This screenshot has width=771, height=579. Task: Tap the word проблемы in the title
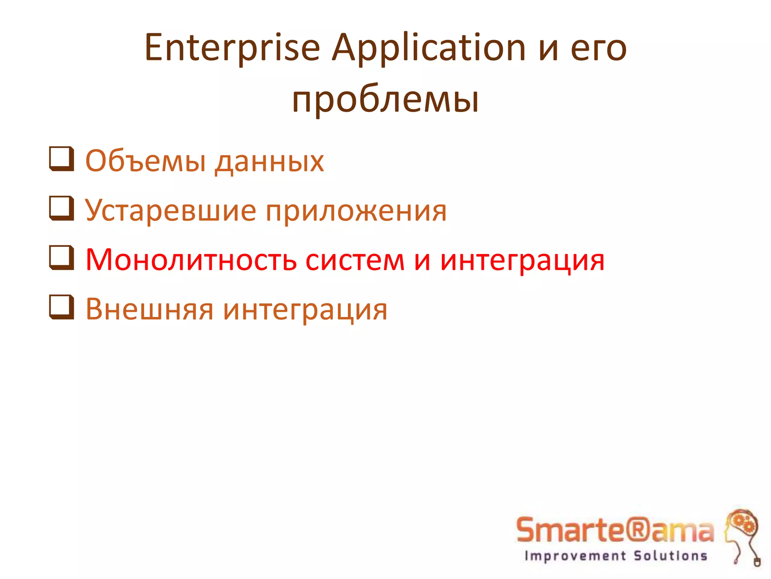(385, 100)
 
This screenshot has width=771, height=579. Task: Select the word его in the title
(599, 48)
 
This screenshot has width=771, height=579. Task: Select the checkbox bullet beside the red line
(61, 258)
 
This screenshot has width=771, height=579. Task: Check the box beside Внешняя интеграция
(61, 308)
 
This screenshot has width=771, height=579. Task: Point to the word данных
(270, 162)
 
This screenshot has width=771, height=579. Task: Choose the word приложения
(356, 211)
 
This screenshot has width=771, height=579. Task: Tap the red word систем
(355, 260)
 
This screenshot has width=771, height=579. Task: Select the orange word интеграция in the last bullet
(305, 310)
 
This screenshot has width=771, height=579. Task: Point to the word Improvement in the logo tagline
(575, 556)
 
